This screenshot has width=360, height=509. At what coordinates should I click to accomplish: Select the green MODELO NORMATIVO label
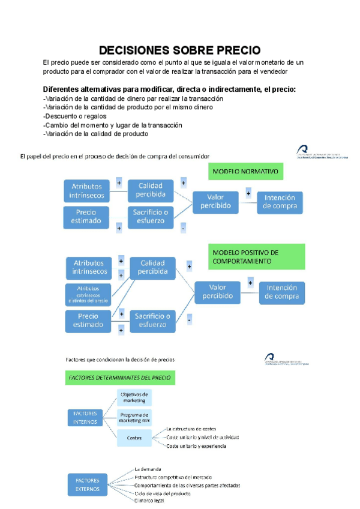246,172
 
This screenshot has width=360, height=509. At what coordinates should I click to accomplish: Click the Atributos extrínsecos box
88,295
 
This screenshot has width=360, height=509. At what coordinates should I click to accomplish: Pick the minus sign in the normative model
182,228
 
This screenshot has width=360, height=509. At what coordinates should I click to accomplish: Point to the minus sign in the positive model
190,321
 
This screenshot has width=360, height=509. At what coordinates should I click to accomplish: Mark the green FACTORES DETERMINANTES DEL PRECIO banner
120,378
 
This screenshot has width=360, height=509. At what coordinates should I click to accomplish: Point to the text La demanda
147,469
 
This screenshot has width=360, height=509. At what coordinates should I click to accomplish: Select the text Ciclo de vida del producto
163,493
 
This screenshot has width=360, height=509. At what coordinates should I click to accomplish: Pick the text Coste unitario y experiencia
196,446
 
